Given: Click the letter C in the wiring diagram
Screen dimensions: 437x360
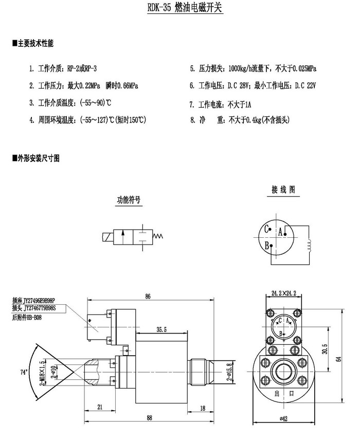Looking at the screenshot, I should [266, 229].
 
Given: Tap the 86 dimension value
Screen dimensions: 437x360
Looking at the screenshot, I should [148, 296].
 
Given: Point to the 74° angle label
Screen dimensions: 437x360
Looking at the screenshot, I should [23, 372].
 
